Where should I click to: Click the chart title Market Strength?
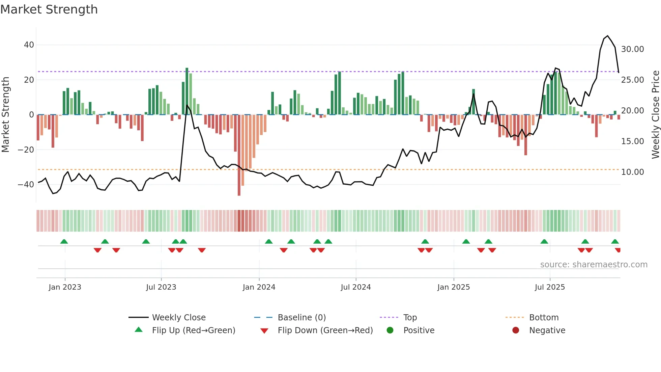point(49,9)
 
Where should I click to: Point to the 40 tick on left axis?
point(29,45)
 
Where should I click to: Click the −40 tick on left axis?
point(26,185)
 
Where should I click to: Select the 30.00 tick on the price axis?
point(632,49)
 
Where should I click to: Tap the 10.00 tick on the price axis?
point(632,172)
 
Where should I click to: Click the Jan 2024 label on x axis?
point(259,287)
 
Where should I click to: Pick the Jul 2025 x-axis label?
point(550,287)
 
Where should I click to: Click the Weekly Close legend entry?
point(178,318)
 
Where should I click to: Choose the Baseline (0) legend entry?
point(301,318)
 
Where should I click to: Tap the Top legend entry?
point(410,318)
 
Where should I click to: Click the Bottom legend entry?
point(544,318)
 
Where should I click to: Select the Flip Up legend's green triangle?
point(139,330)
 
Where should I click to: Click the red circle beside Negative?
point(516,330)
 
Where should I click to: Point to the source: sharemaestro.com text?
point(594,265)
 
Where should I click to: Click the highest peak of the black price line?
point(608,36)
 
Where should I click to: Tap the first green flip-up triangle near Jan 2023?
point(64,241)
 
